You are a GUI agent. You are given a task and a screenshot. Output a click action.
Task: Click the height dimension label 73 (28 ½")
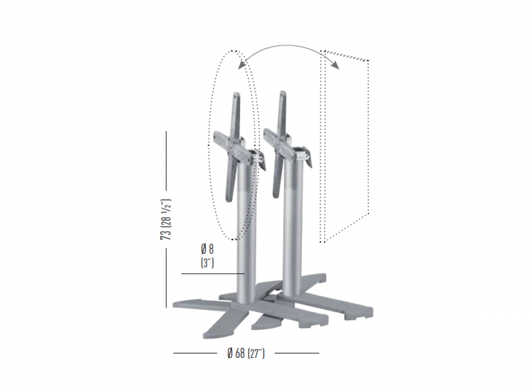pyautogui.click(x=166, y=220)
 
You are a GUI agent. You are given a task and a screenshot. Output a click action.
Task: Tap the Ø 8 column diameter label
pyautogui.click(x=207, y=250)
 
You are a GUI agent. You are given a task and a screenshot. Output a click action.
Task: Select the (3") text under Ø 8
pyautogui.click(x=207, y=263)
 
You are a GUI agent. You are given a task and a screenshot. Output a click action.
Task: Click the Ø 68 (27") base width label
pyautogui.click(x=245, y=353)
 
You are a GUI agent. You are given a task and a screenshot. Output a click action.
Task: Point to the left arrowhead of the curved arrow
pyautogui.click(x=242, y=65)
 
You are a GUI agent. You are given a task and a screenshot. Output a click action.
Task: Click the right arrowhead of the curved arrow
pyautogui.click(x=335, y=65)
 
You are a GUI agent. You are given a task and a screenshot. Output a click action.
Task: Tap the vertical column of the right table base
pyautogui.click(x=291, y=224)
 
